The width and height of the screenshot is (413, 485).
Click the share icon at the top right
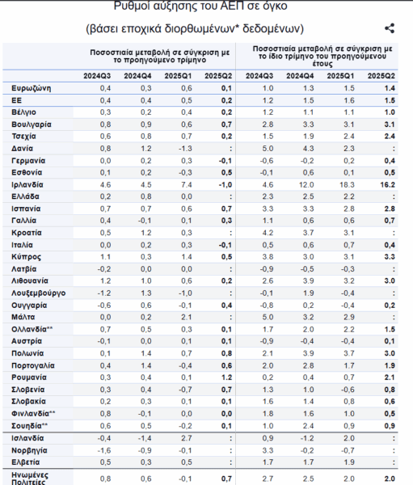click(390, 28)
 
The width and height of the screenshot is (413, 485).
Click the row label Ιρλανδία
click(27, 184)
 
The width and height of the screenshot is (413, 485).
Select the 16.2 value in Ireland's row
click(388, 184)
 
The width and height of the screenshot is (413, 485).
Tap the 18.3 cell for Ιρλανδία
click(347, 184)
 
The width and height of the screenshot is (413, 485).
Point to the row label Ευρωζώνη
click(31, 88)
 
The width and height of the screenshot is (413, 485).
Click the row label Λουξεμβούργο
click(38, 293)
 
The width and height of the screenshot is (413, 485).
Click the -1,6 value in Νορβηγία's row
click(104, 450)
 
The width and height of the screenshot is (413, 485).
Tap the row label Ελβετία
click(25, 462)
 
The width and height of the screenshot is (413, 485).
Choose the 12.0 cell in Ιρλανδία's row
click(306, 184)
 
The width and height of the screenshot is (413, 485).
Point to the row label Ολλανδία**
click(32, 329)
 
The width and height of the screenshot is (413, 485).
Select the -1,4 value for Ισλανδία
click(145, 438)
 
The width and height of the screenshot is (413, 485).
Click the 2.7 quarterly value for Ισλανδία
click(187, 438)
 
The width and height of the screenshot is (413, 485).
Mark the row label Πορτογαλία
click(33, 365)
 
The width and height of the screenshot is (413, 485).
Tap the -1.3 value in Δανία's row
click(185, 149)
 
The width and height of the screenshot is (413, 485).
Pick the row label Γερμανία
click(28, 161)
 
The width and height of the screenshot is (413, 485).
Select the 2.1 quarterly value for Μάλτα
click(187, 317)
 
